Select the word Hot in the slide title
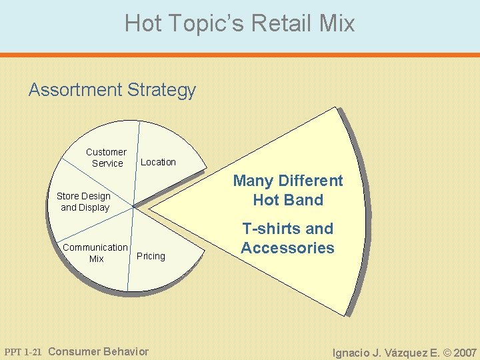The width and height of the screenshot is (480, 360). point(143,24)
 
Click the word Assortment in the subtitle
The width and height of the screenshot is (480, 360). point(75,90)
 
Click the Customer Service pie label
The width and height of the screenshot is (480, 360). point(106,157)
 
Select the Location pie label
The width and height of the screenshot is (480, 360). point(158,162)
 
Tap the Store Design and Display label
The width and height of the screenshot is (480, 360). point(83,201)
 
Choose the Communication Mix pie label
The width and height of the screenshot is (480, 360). point(95,253)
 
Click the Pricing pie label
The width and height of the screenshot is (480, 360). point(151,256)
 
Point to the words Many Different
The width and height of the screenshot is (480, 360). point(288,181)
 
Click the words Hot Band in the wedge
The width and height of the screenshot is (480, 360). point(288,200)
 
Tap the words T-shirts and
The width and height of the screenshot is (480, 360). point(288,229)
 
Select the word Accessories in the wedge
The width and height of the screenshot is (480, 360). point(288,248)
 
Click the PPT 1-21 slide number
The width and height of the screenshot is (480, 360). point(23,351)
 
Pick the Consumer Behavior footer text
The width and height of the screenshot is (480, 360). point(99,351)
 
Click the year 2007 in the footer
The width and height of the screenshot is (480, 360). point(465,352)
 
